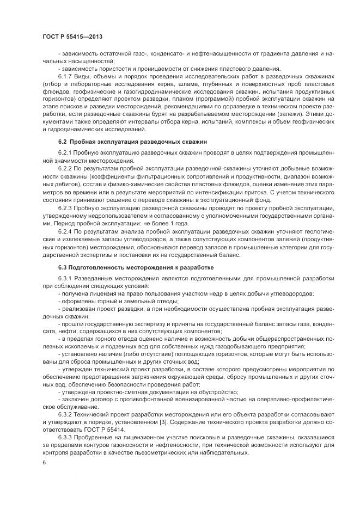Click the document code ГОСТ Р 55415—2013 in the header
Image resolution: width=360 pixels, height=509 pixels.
click(x=72, y=36)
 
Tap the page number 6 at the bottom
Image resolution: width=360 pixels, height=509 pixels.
click(x=44, y=462)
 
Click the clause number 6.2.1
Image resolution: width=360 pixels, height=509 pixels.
click(x=65, y=154)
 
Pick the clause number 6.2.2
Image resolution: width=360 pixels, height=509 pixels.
click(x=65, y=169)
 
